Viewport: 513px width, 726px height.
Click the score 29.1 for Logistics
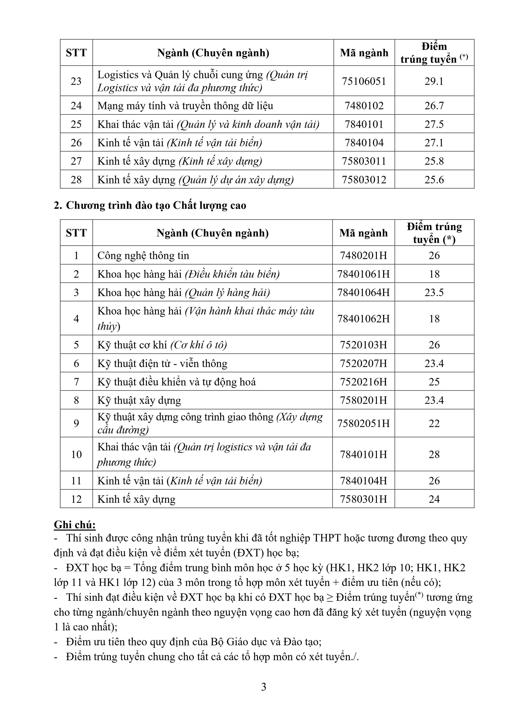pyautogui.click(x=434, y=81)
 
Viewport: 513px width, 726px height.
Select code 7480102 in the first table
pyautogui.click(x=364, y=105)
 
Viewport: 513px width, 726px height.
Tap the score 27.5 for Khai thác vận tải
pyautogui.click(x=434, y=124)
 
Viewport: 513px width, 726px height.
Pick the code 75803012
pyautogui.click(x=364, y=180)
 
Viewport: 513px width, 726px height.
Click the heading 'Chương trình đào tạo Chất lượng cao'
pyautogui.click(x=156, y=205)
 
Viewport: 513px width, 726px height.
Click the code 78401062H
pyautogui.click(x=363, y=318)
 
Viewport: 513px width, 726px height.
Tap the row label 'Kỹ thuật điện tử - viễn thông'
pyautogui.click(x=162, y=363)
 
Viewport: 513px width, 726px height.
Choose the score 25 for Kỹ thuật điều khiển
pyautogui.click(x=434, y=382)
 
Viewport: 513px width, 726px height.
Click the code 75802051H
pyautogui.click(x=363, y=423)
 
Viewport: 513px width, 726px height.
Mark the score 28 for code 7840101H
pyautogui.click(x=434, y=454)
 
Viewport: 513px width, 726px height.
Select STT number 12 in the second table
pyautogui.click(x=76, y=499)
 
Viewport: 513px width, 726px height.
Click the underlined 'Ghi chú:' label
pyautogui.click(x=75, y=525)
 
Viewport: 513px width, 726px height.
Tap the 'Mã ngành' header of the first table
pyautogui.click(x=364, y=53)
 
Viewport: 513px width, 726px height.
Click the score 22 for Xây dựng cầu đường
pyautogui.click(x=434, y=423)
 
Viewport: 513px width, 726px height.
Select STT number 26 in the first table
pyautogui.click(x=76, y=143)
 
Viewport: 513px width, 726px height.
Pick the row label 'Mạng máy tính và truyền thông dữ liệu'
pyautogui.click(x=185, y=105)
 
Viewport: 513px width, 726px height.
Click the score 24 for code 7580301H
pyautogui.click(x=434, y=499)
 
